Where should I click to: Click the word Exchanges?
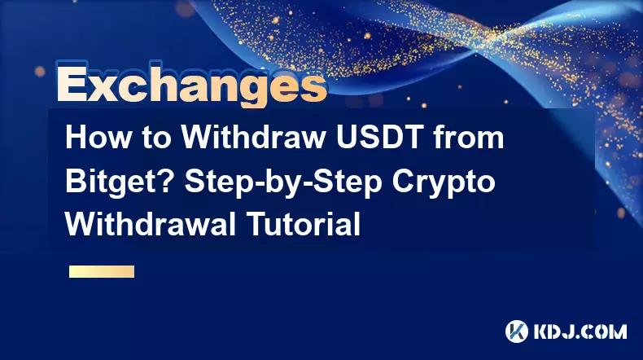pos(191,84)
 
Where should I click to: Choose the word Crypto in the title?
pos(444,182)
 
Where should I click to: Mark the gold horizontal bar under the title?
pos(102,271)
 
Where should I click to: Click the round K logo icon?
pos(517,331)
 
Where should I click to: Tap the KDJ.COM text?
pos(580,331)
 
